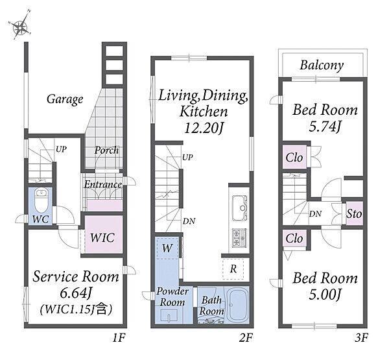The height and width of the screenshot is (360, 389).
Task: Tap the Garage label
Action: (x=65, y=99)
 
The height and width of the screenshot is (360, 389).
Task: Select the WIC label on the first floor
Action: (x=102, y=237)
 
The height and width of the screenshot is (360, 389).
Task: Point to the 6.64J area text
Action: (x=76, y=293)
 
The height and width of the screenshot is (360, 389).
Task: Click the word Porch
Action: (x=107, y=150)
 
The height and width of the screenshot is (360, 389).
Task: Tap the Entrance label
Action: (x=103, y=184)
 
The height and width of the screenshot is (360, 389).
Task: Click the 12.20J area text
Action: (x=203, y=128)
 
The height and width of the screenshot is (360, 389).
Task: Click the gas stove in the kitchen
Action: (x=239, y=238)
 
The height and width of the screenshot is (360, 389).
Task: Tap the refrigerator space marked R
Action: (x=233, y=269)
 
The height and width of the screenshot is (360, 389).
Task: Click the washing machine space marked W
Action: (x=167, y=248)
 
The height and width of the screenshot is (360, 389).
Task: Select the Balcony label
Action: (x=322, y=66)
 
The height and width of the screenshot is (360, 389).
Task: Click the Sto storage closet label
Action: (x=354, y=214)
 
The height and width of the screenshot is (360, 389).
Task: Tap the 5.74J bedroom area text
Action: (x=325, y=126)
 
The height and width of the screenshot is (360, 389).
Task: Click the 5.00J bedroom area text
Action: (x=325, y=294)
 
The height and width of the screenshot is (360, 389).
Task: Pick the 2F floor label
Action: (x=246, y=338)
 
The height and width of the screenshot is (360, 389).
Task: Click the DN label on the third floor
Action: (x=315, y=214)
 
